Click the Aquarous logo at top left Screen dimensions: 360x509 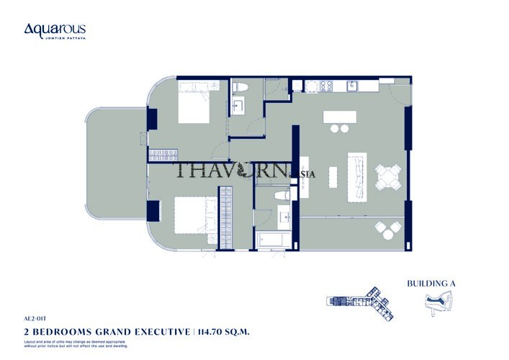tap(55, 30)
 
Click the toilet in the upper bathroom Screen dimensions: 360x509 tap(242, 89)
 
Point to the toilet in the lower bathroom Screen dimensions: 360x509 tap(282, 194)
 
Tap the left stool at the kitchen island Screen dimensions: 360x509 tap(335, 130)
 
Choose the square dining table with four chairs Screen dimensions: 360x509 tap(389, 176)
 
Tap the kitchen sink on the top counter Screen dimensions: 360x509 tap(353, 86)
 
